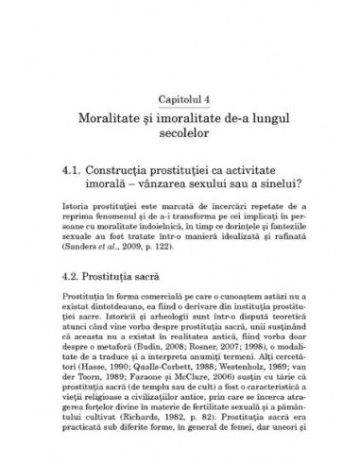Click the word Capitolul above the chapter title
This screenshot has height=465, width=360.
[x=175, y=97]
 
